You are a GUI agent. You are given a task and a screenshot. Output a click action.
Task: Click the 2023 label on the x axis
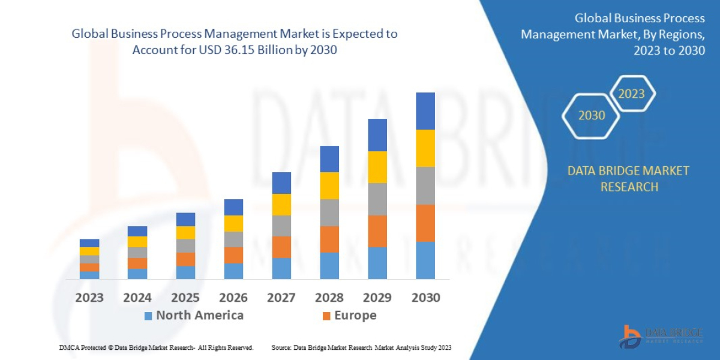[x=89, y=298]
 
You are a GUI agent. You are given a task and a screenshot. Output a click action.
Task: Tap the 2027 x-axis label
[x=281, y=298]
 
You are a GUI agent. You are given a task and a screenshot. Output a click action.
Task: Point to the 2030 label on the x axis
[x=425, y=298]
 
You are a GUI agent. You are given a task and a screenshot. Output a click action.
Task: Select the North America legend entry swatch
[x=148, y=316]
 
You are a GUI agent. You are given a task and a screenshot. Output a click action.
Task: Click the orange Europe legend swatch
[x=326, y=316]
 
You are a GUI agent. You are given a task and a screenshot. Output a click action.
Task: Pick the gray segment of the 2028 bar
[x=329, y=212]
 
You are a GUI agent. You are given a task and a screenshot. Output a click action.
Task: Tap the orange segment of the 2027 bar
[x=281, y=247]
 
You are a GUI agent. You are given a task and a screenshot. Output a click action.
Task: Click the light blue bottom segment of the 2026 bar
[x=233, y=271]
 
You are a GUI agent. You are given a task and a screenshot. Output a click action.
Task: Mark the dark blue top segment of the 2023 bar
[x=89, y=243]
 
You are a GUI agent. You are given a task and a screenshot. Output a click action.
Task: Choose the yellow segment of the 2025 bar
[x=185, y=232]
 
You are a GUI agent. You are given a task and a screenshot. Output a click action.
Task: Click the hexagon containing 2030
[x=591, y=116]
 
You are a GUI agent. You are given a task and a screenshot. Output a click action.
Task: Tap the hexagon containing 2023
[x=632, y=94]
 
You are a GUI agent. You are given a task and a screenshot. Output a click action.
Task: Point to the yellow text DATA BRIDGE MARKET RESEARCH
[x=628, y=179]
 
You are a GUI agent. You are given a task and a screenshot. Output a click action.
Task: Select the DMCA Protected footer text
[x=156, y=347]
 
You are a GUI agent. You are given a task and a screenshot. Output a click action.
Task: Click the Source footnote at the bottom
[x=361, y=347]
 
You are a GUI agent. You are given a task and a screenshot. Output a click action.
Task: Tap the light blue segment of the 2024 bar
[x=137, y=273]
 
